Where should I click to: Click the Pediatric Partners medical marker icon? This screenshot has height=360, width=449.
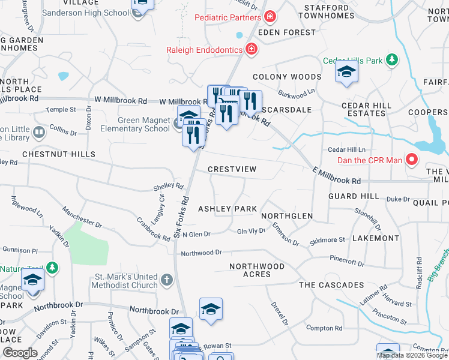271,16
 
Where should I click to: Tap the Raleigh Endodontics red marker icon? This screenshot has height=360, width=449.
252,50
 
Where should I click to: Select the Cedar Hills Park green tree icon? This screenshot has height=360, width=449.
392,60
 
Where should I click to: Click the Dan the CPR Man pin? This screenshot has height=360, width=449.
412,160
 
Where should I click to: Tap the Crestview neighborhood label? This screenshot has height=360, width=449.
232,169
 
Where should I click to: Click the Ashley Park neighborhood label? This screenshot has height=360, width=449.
228,209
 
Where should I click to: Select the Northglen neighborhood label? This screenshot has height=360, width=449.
287,216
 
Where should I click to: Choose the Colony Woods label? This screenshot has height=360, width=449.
287,77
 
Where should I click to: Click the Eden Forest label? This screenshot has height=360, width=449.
286,32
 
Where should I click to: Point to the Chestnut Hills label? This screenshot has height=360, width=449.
59,154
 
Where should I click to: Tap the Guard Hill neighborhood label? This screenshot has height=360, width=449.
354,196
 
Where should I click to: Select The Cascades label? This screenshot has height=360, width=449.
331,285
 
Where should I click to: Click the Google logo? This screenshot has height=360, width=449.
20,353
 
